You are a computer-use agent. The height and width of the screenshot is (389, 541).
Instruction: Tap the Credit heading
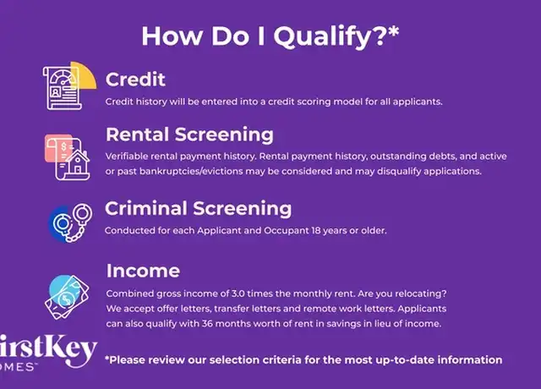[x=135, y=79]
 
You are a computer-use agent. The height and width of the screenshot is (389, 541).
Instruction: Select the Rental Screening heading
[x=189, y=134]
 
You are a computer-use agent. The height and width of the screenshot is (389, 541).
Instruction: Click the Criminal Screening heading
[x=198, y=209]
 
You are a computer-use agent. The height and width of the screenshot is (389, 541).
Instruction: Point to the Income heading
[x=143, y=271]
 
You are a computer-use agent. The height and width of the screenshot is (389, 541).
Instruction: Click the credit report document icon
[x=62, y=88]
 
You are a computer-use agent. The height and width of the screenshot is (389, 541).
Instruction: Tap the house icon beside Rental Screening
[x=78, y=162]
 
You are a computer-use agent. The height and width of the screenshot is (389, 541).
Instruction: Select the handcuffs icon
[x=74, y=222]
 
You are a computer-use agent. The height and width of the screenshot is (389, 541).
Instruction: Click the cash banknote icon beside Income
[x=67, y=297]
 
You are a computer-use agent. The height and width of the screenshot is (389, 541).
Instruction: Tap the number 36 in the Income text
[x=207, y=324]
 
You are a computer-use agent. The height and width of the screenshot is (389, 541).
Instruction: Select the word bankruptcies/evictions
[x=191, y=172]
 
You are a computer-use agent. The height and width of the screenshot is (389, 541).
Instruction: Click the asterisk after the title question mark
[x=393, y=31]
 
